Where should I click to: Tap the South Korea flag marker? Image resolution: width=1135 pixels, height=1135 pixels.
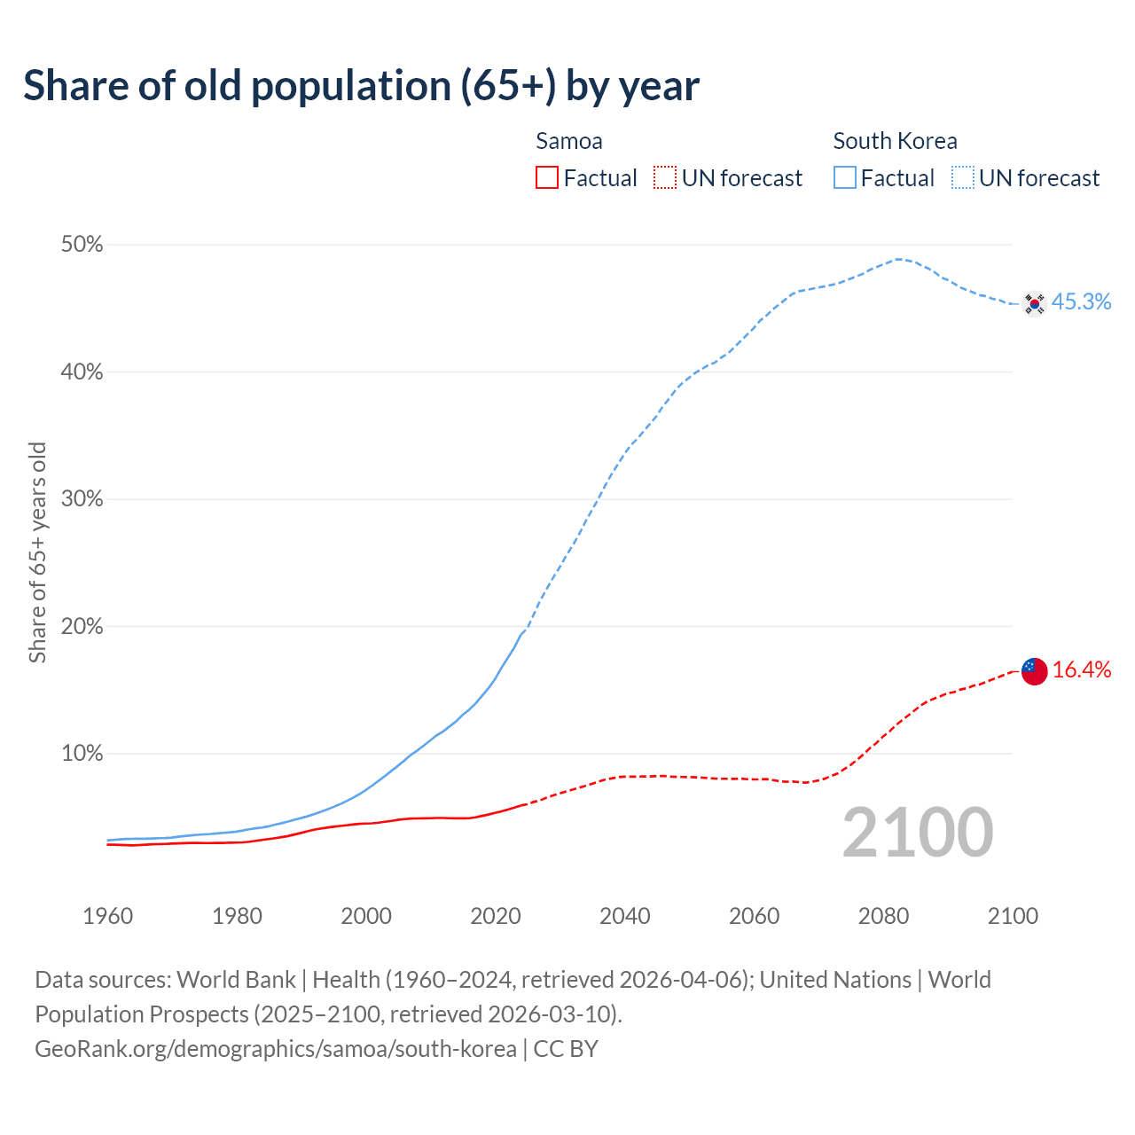coord(1034,303)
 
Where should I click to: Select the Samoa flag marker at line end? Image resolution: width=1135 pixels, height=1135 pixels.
coord(1034,671)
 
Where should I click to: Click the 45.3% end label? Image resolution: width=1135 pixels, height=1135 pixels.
coord(1081,302)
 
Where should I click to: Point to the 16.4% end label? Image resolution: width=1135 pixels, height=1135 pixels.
coord(1082,670)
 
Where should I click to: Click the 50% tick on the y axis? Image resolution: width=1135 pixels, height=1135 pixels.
coord(82,245)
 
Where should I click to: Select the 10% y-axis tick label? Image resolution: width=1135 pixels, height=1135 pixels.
coord(82,754)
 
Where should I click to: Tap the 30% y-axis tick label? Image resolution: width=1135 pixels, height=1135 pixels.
coord(82,499)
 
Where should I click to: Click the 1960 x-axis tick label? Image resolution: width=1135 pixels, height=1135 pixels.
coord(107,916)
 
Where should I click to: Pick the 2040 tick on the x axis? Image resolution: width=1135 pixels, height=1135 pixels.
coord(624,916)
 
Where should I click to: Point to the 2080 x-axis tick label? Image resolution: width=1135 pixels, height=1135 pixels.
coord(883,916)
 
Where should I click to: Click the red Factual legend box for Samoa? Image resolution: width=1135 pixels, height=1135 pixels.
coord(547,178)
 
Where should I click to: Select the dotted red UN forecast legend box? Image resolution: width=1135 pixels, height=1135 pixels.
coord(665,178)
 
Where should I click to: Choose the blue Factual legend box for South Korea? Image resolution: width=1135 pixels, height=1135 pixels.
coord(845,178)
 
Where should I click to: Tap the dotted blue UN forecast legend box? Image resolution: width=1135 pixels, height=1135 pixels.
coord(963,178)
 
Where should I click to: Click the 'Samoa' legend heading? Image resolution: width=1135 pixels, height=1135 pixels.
coord(569,141)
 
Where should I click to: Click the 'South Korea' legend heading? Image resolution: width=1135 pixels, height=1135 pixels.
coord(895,141)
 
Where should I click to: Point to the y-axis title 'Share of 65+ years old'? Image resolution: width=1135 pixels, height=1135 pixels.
coord(37,552)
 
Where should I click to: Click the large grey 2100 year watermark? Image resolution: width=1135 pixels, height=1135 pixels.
coord(917,833)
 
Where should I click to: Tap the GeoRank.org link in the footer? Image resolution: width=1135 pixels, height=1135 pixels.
coord(275,1049)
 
